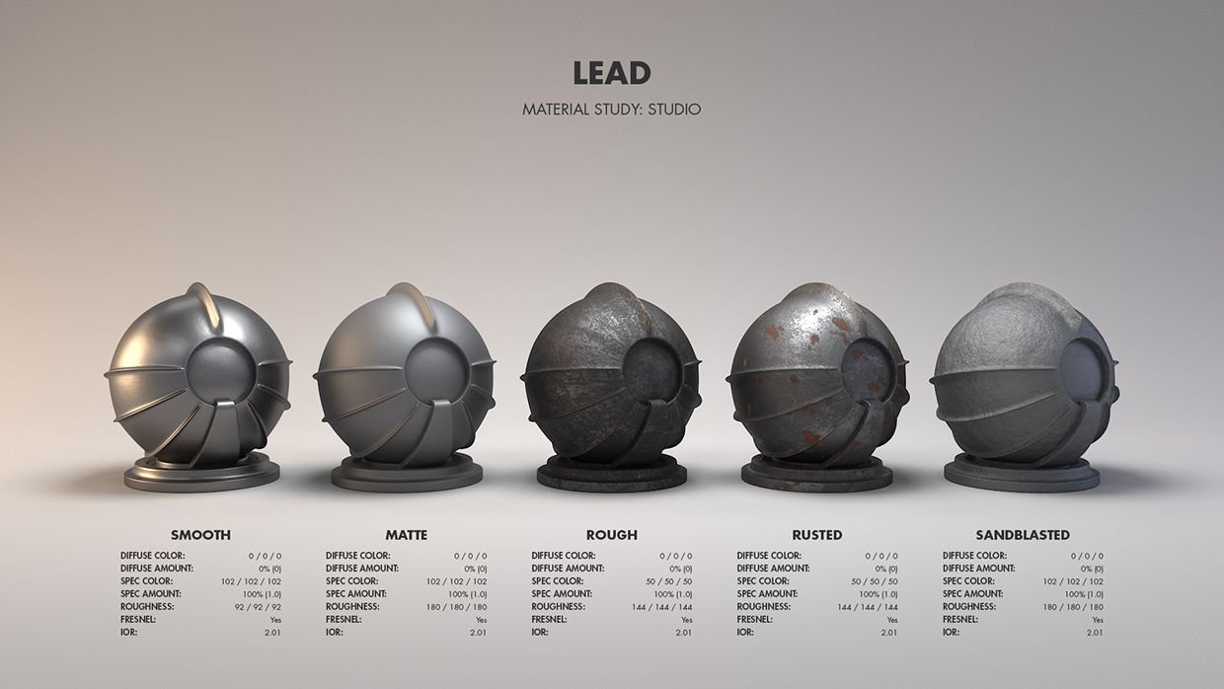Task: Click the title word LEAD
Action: coord(612,73)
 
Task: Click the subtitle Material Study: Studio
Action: coord(611,110)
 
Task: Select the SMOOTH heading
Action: coord(200,535)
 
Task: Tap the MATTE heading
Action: coord(407,535)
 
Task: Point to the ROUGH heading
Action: coord(612,535)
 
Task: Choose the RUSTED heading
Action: coord(817,535)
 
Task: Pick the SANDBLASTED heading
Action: coord(1023,535)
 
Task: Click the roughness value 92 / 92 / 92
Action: coord(258,607)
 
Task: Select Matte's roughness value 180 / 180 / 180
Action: coord(457,607)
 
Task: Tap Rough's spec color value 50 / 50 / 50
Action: coord(669,581)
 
